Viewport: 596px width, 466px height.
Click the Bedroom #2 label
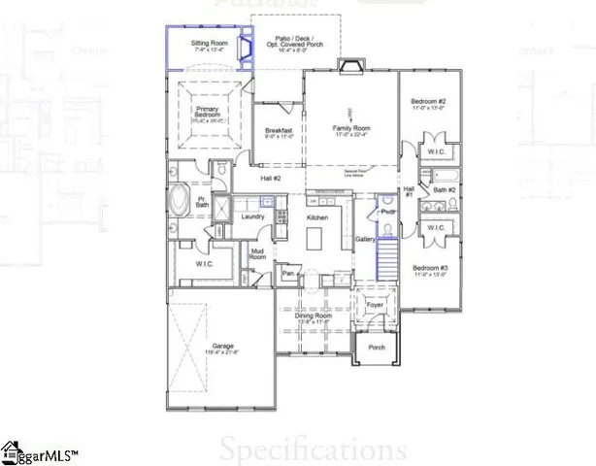coord(427,102)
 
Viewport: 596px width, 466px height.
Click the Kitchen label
coord(318,217)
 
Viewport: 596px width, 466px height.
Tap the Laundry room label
coord(253,216)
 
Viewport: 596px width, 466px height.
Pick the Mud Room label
coord(258,254)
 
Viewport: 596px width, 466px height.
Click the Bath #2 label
coord(445,189)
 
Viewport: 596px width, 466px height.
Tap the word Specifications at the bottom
coord(312,449)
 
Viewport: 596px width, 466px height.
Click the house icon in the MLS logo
coord(12,449)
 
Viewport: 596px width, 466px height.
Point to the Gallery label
coord(365,238)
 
